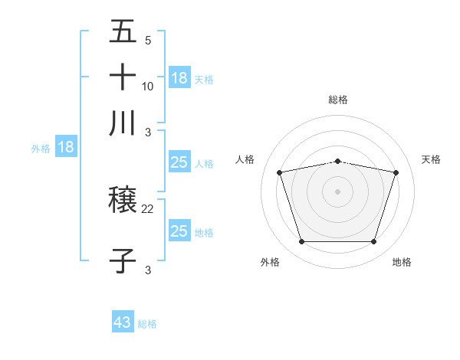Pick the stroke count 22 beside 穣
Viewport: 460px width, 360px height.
(x=148, y=208)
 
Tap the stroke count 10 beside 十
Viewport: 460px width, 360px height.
(x=148, y=86)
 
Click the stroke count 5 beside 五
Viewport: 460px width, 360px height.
(x=147, y=41)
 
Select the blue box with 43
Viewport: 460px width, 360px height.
(x=123, y=322)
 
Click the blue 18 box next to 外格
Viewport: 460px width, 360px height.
(x=66, y=148)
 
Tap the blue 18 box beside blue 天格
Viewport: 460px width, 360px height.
(x=179, y=78)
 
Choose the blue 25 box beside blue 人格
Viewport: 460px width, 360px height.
(x=179, y=163)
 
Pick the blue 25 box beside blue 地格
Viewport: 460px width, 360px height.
(x=179, y=231)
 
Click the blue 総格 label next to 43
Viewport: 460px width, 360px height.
(x=147, y=324)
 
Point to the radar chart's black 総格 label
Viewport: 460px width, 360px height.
(x=338, y=100)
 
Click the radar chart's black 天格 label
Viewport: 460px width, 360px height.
(x=431, y=159)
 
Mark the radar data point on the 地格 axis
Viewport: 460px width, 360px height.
(x=373, y=242)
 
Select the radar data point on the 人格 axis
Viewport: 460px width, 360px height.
(x=280, y=172)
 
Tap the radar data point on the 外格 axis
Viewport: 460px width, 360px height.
(x=301, y=242)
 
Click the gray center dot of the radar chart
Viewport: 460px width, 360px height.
(x=337, y=191)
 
